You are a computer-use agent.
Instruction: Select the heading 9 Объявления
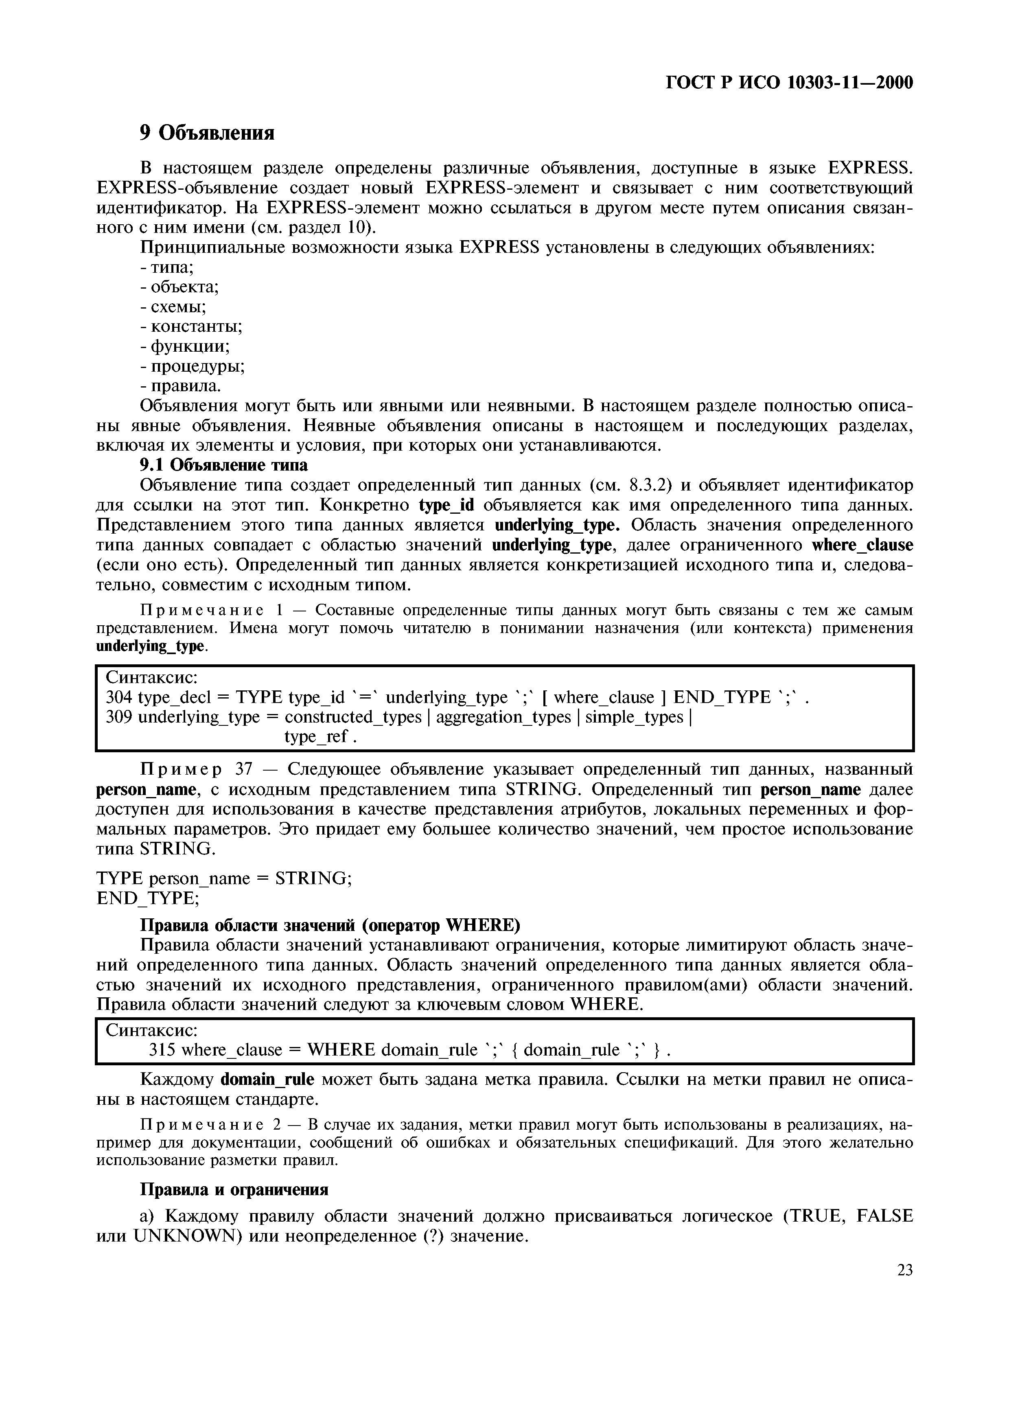(206, 132)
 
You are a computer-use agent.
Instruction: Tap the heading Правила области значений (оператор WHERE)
(330, 926)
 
